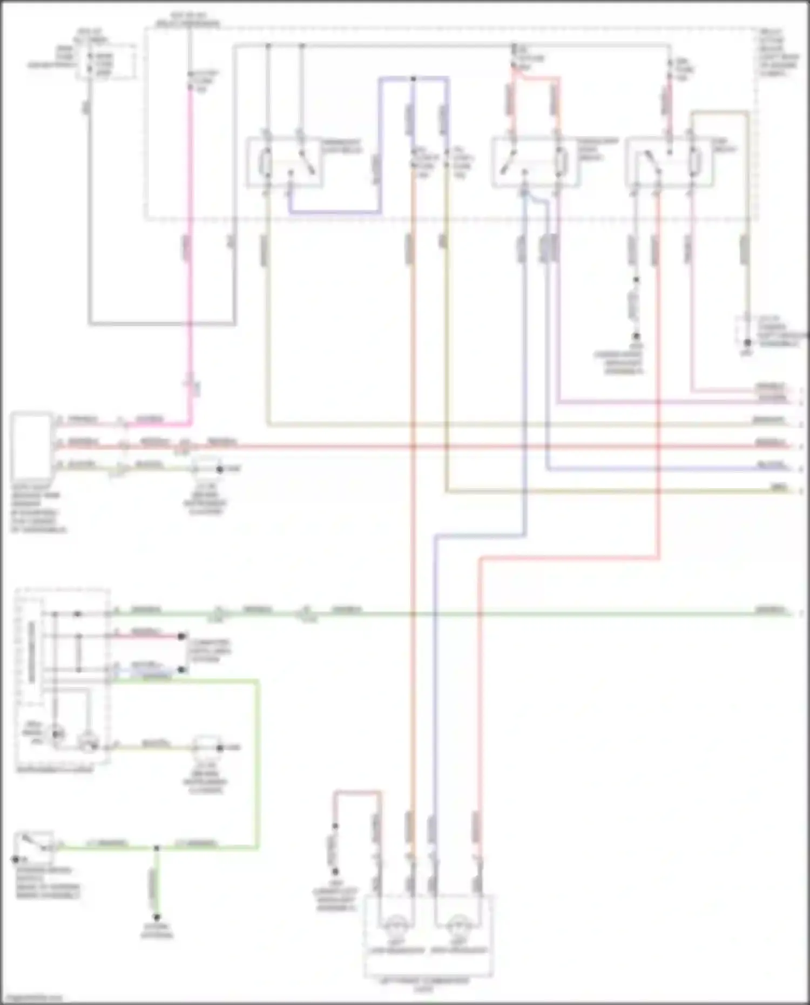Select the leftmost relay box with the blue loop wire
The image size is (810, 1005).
[285, 163]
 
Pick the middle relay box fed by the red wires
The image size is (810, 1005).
[534, 163]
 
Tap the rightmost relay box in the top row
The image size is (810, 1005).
[669, 163]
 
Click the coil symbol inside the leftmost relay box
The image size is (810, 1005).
[266, 164]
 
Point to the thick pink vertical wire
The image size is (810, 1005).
[190, 243]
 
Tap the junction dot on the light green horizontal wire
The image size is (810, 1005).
[157, 848]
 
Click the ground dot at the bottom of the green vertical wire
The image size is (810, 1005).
[157, 917]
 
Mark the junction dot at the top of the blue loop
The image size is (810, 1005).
[413, 79]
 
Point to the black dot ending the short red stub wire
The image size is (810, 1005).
[183, 637]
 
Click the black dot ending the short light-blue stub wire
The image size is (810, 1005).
[183, 670]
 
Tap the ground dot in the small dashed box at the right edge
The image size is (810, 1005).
[747, 342]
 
